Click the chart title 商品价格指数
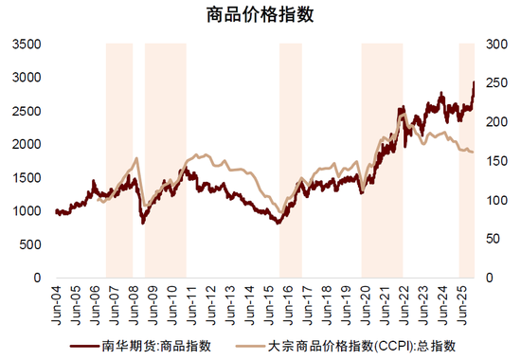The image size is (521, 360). pyautogui.click(x=260, y=15)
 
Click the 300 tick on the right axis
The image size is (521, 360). pyautogui.click(x=494, y=44)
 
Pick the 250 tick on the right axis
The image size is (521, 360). pyautogui.click(x=494, y=82)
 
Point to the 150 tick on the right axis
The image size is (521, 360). pyautogui.click(x=494, y=161)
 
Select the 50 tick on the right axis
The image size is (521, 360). pyautogui.click(x=491, y=239)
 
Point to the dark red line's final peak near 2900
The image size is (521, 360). pyautogui.click(x=474, y=83)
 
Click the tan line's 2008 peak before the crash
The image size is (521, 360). pyautogui.click(x=138, y=159)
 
